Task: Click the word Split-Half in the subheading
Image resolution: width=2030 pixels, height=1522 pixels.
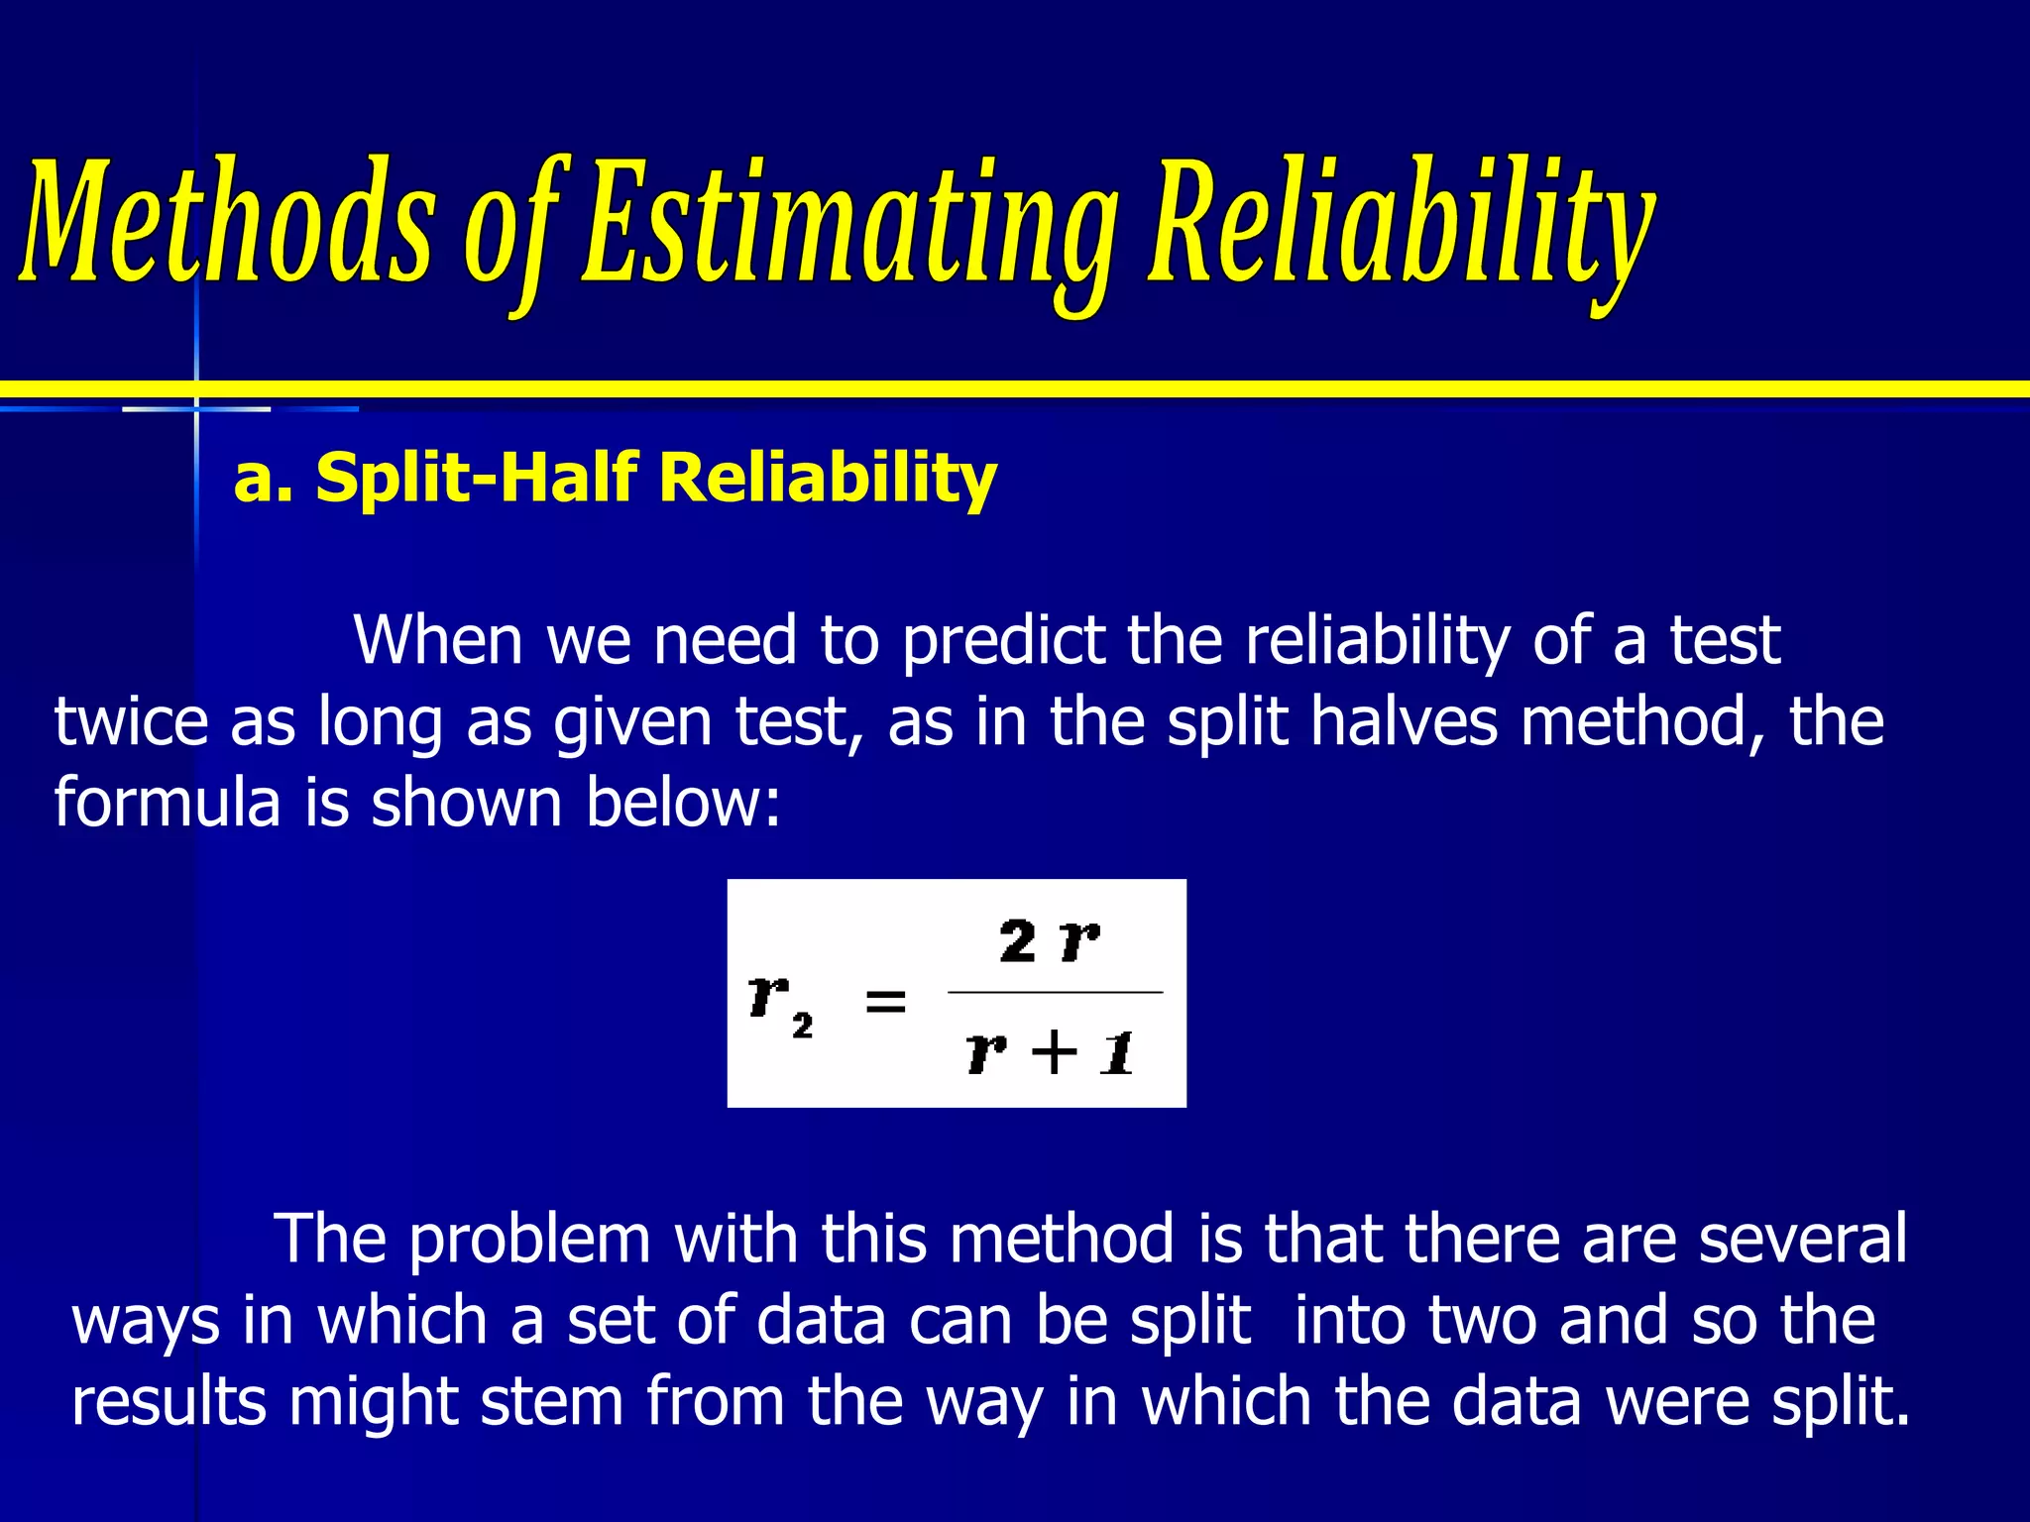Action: click(x=475, y=477)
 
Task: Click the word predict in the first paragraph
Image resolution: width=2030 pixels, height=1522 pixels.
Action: click(x=1002, y=642)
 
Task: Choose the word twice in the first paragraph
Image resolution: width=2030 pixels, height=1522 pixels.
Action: click(x=130, y=721)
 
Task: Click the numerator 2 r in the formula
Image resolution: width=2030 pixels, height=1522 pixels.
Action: click(x=1049, y=940)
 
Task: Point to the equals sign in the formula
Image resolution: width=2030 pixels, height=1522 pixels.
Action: click(x=885, y=1001)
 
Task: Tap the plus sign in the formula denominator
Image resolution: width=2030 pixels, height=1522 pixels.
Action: click(x=1054, y=1051)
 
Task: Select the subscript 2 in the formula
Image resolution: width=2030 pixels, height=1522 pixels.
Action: click(x=802, y=1026)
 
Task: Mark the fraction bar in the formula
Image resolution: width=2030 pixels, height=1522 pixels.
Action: click(x=1055, y=992)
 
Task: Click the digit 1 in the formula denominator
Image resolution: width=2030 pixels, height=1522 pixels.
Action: click(x=1118, y=1052)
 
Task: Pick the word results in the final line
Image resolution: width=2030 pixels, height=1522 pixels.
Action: click(x=169, y=1401)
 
